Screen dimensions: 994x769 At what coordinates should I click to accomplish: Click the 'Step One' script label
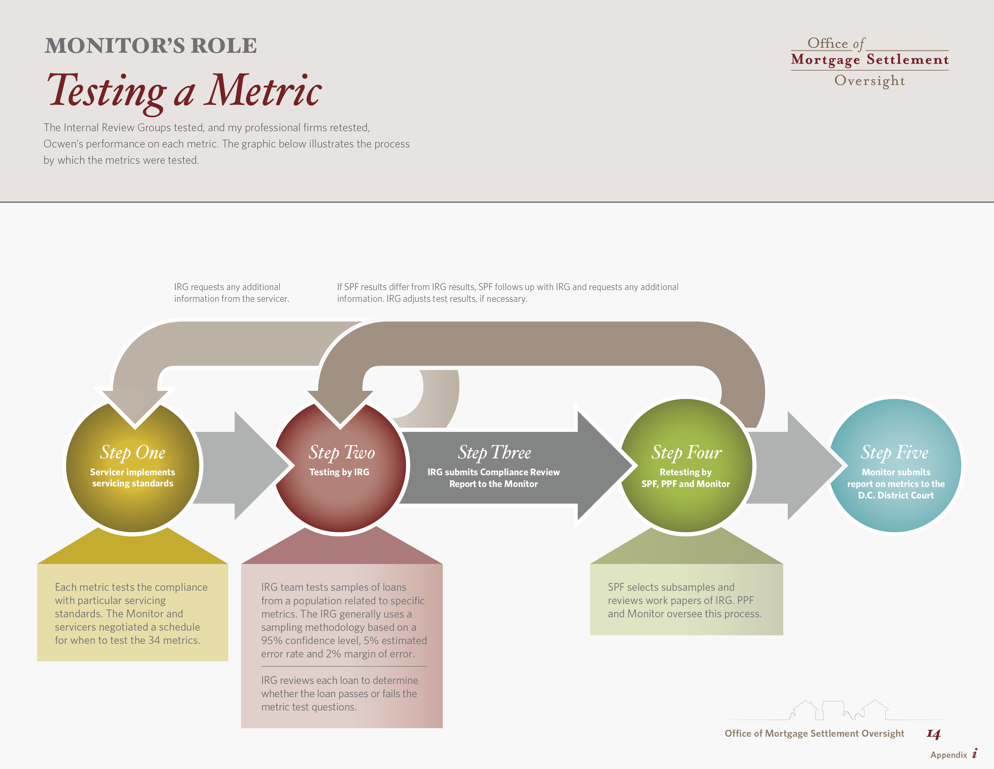(x=133, y=452)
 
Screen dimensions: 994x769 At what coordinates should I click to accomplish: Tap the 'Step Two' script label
(x=342, y=452)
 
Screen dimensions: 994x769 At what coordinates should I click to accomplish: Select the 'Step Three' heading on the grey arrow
(x=494, y=452)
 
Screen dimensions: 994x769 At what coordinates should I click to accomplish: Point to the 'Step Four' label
(x=686, y=452)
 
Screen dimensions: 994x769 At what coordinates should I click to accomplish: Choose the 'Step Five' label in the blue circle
(x=895, y=452)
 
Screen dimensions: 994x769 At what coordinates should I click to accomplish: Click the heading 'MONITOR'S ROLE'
(x=151, y=46)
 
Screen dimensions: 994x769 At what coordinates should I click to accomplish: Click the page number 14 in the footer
(x=933, y=734)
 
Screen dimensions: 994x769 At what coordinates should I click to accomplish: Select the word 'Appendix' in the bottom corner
(x=949, y=755)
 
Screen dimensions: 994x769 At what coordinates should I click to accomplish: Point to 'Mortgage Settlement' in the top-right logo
(x=870, y=60)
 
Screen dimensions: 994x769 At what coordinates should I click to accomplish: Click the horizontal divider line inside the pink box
(x=344, y=666)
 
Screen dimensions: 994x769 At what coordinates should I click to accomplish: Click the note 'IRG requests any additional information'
(x=232, y=293)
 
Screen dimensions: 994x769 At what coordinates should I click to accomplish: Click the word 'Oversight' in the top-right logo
(x=870, y=81)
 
